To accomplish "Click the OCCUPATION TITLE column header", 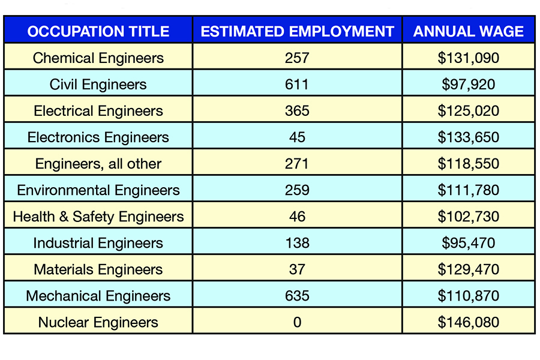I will (x=98, y=31).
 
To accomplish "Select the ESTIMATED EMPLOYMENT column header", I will (x=297, y=31).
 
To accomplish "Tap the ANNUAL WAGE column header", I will (x=468, y=31).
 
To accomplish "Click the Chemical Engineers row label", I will (x=98, y=58).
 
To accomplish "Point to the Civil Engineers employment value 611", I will (x=297, y=85).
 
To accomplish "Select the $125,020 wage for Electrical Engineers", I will (x=468, y=111).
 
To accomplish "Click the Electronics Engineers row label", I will (x=98, y=137).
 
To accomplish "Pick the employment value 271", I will (x=297, y=164).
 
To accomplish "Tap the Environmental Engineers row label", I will (x=98, y=190).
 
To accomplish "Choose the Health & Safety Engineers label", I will (x=98, y=217).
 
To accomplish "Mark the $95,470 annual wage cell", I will (x=468, y=243).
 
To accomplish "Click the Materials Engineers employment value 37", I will (x=297, y=269).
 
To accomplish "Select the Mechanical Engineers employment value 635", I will (x=297, y=296).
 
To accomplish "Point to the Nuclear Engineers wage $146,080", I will (x=468, y=322).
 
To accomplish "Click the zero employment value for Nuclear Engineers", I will (x=297, y=322).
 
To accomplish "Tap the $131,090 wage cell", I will (x=468, y=58).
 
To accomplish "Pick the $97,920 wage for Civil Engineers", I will (x=468, y=85).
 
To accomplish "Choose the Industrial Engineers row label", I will (x=98, y=243).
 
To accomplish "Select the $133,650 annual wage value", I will (x=468, y=137).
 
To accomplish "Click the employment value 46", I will (x=297, y=217).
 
